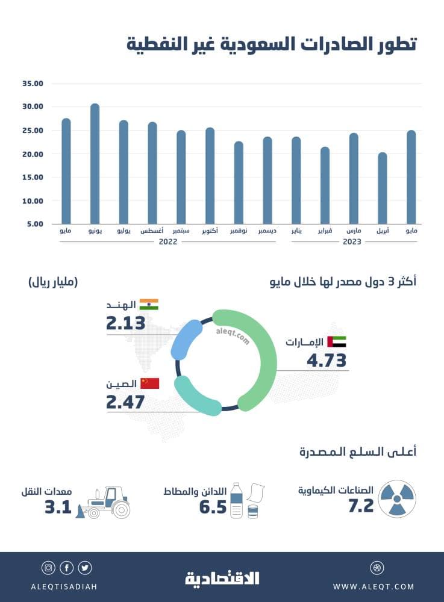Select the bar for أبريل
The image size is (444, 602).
coord(383,188)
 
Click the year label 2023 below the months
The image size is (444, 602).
coord(352,241)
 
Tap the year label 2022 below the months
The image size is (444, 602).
coord(168,241)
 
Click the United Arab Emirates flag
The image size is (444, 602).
coord(336,342)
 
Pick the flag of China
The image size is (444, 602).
coord(149,383)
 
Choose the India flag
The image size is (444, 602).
coord(149,305)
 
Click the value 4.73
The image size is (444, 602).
coord(327,361)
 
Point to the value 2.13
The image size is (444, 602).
coord(126,323)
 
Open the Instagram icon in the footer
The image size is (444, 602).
coord(48,568)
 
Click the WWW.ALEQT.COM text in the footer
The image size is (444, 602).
coord(374,586)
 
